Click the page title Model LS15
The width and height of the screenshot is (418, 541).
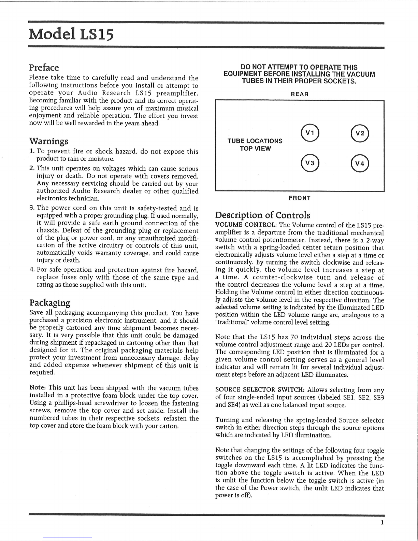point(71,34)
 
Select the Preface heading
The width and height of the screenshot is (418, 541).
point(44,68)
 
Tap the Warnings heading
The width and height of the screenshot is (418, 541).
point(49,141)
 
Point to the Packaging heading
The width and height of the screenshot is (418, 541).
point(50,303)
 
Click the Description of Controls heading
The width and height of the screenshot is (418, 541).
point(263,215)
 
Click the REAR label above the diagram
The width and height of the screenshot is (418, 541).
point(300,94)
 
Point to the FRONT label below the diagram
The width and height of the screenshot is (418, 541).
point(300,198)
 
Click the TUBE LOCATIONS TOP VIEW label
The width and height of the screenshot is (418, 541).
point(255,145)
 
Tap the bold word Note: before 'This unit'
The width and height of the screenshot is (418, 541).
point(38,388)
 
